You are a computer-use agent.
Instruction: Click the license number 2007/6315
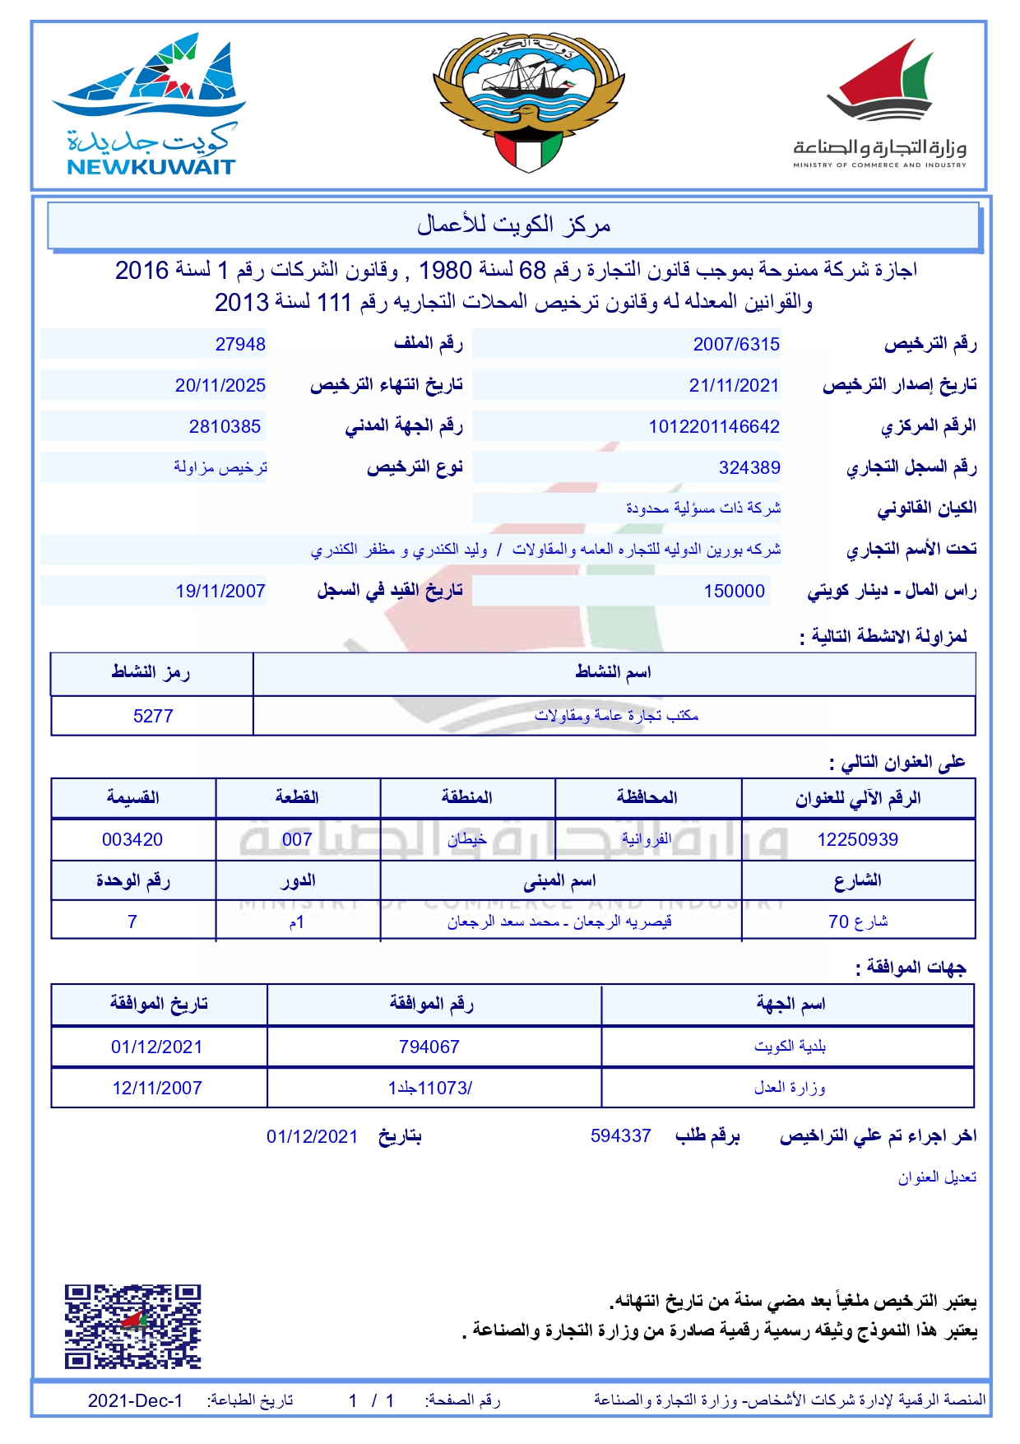(x=736, y=345)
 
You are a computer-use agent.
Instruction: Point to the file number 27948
(x=240, y=345)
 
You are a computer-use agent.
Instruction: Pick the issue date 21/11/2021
(x=734, y=386)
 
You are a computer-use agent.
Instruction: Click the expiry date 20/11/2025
(x=220, y=386)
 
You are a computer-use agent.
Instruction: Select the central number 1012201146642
(x=714, y=427)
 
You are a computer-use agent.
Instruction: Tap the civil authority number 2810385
(x=225, y=427)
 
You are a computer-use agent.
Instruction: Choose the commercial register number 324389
(x=749, y=468)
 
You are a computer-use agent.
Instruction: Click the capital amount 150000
(x=734, y=592)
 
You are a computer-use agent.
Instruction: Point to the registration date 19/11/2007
(x=220, y=592)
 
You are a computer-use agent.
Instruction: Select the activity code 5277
(x=153, y=717)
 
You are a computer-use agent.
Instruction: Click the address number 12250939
(x=857, y=840)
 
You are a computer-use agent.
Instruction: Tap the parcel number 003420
(x=132, y=840)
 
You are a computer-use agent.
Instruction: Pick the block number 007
(x=297, y=840)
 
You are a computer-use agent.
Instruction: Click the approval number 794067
(x=429, y=1047)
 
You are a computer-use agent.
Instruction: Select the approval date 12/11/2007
(x=157, y=1089)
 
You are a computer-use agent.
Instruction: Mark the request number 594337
(x=621, y=1136)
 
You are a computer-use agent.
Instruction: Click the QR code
(x=133, y=1326)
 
